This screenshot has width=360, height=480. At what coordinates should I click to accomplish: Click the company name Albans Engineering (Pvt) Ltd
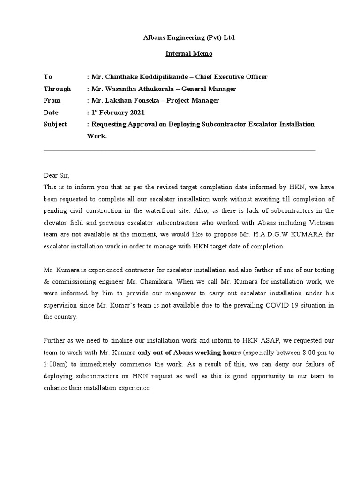(189, 37)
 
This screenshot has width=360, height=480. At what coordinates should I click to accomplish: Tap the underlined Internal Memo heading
(189, 53)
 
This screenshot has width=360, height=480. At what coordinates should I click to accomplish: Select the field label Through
(57, 89)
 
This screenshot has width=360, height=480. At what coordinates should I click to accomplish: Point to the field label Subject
(55, 124)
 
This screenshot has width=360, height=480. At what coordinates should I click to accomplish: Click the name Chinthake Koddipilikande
(145, 77)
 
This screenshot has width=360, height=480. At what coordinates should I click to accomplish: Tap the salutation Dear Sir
(56, 175)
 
